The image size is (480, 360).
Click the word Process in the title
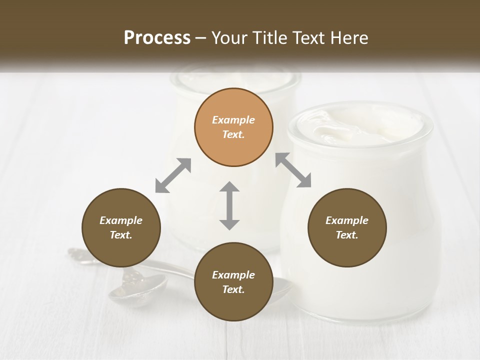pos(157,38)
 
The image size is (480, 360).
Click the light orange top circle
pos(233,127)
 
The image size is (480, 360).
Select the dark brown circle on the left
pos(121,227)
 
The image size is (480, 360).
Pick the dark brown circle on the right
pos(347,227)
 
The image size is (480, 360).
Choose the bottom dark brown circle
pos(233,282)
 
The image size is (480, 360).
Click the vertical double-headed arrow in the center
pos(229,205)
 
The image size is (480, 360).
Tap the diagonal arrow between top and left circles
pos(173,175)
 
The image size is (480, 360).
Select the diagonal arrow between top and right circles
pos(293,170)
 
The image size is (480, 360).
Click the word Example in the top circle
pos(233,120)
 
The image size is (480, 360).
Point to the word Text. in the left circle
pos(121,235)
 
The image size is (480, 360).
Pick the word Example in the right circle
pos(347,220)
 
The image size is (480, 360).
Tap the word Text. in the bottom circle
pos(233,289)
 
